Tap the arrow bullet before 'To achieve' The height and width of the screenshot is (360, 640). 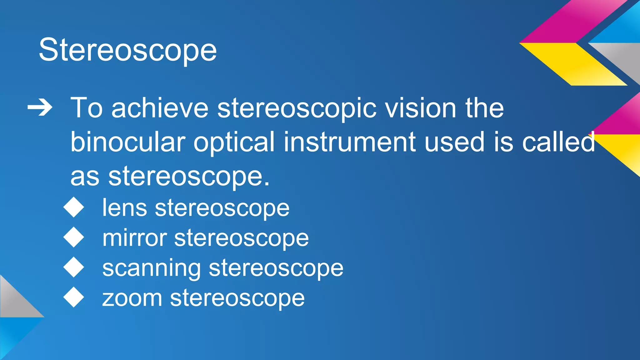40,108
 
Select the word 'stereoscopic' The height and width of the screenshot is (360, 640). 297,109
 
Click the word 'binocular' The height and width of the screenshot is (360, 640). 128,142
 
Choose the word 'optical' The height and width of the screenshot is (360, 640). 234,142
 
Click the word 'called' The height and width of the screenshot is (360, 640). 558,142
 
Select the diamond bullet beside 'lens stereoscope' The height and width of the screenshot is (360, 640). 74,207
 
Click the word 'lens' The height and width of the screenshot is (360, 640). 125,208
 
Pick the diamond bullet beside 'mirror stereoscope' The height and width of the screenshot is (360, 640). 74,237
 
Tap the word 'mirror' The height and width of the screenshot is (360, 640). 135,238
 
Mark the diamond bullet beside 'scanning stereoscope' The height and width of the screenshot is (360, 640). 74,267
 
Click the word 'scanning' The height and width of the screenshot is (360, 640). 152,268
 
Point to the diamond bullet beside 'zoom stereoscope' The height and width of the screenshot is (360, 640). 74,297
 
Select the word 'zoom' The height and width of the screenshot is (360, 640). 132,298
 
